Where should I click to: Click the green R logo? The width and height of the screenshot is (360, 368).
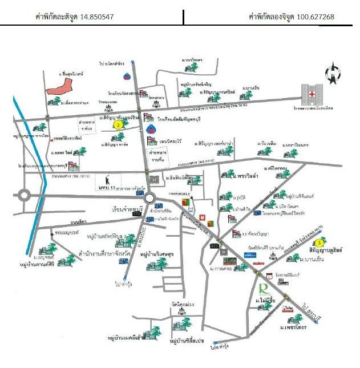[264, 288]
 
